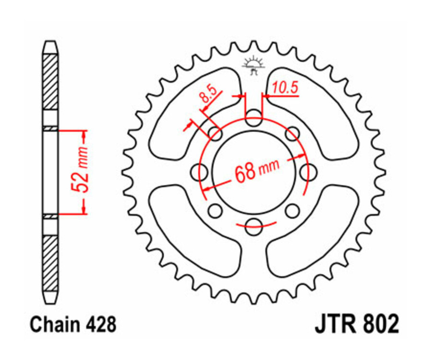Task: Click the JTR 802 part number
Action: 357,325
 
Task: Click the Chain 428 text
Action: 73,325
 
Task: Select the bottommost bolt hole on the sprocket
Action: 257,224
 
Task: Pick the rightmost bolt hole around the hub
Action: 311,171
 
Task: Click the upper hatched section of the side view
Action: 50,81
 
